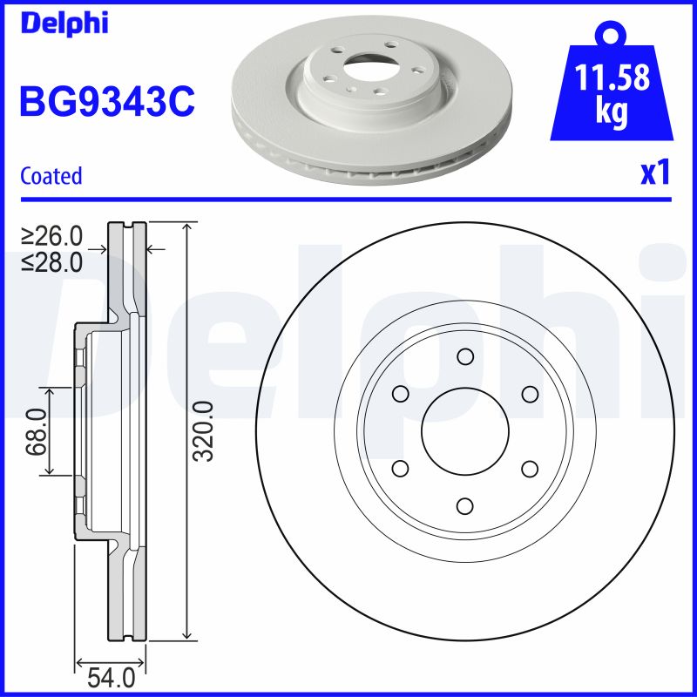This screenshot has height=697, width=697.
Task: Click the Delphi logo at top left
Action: (64, 22)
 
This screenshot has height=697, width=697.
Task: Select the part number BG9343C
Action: (106, 103)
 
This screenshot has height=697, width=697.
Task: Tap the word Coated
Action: (51, 176)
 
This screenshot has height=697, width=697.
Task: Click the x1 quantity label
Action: (655, 174)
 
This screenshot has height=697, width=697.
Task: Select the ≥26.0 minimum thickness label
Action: (51, 235)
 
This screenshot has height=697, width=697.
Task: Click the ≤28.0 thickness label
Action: (51, 261)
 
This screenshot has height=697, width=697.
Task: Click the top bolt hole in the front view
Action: (464, 356)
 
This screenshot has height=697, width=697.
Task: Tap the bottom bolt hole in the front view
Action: (464, 506)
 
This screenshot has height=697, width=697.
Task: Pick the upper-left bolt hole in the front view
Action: (400, 394)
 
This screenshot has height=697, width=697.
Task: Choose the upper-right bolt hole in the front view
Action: (530, 394)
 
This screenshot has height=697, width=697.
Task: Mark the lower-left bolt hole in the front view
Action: (400, 469)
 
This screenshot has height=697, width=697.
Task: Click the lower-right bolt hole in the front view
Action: (530, 469)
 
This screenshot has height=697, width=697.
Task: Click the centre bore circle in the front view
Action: (464, 431)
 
